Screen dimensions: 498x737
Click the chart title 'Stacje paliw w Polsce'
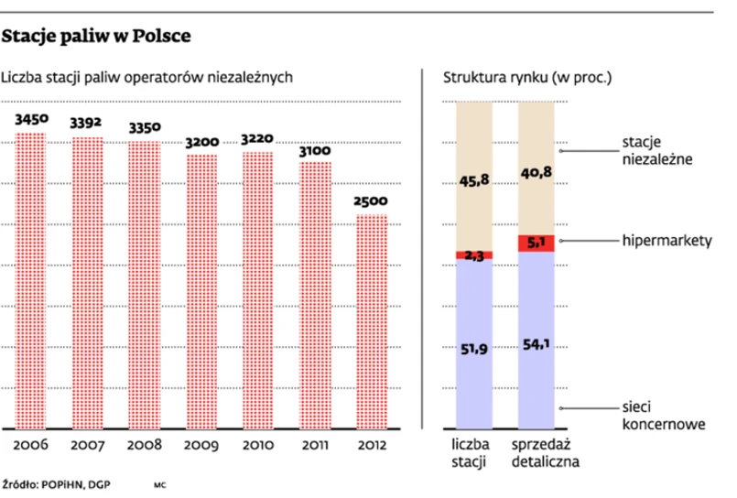point(96,38)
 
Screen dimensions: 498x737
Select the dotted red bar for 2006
point(30,279)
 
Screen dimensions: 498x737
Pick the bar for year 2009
point(202,291)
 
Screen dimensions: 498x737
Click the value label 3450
point(30,120)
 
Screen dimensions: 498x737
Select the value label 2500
point(370,201)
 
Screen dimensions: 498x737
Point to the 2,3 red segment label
point(473,255)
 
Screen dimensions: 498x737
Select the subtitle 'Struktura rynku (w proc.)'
point(526,79)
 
